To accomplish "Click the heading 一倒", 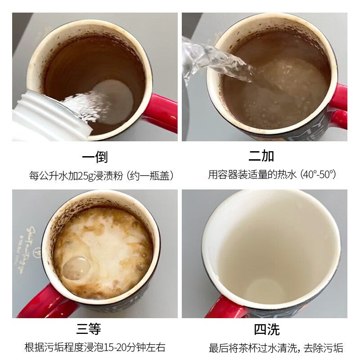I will coord(95,157).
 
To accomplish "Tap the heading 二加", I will coord(261,156).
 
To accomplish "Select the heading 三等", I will coord(88,329).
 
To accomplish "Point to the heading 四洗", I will coord(266,329).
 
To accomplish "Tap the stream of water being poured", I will coord(216,61).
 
